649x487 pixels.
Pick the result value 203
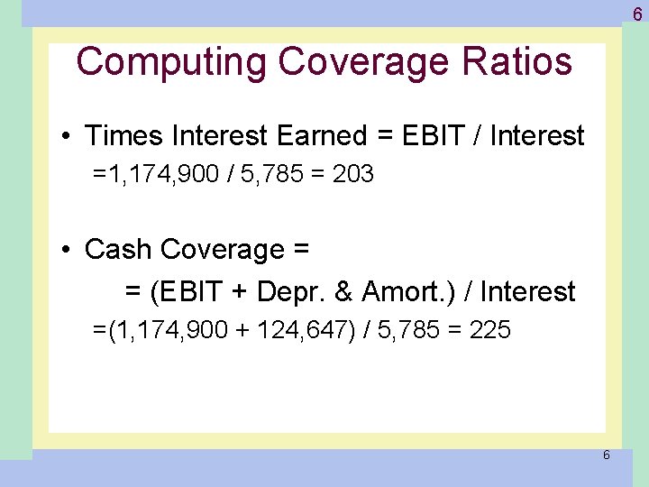(x=352, y=175)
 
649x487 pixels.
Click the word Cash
(x=114, y=250)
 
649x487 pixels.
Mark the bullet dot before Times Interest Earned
(x=68, y=137)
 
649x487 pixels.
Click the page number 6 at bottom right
(x=606, y=455)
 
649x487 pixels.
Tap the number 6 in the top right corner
(x=636, y=14)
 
